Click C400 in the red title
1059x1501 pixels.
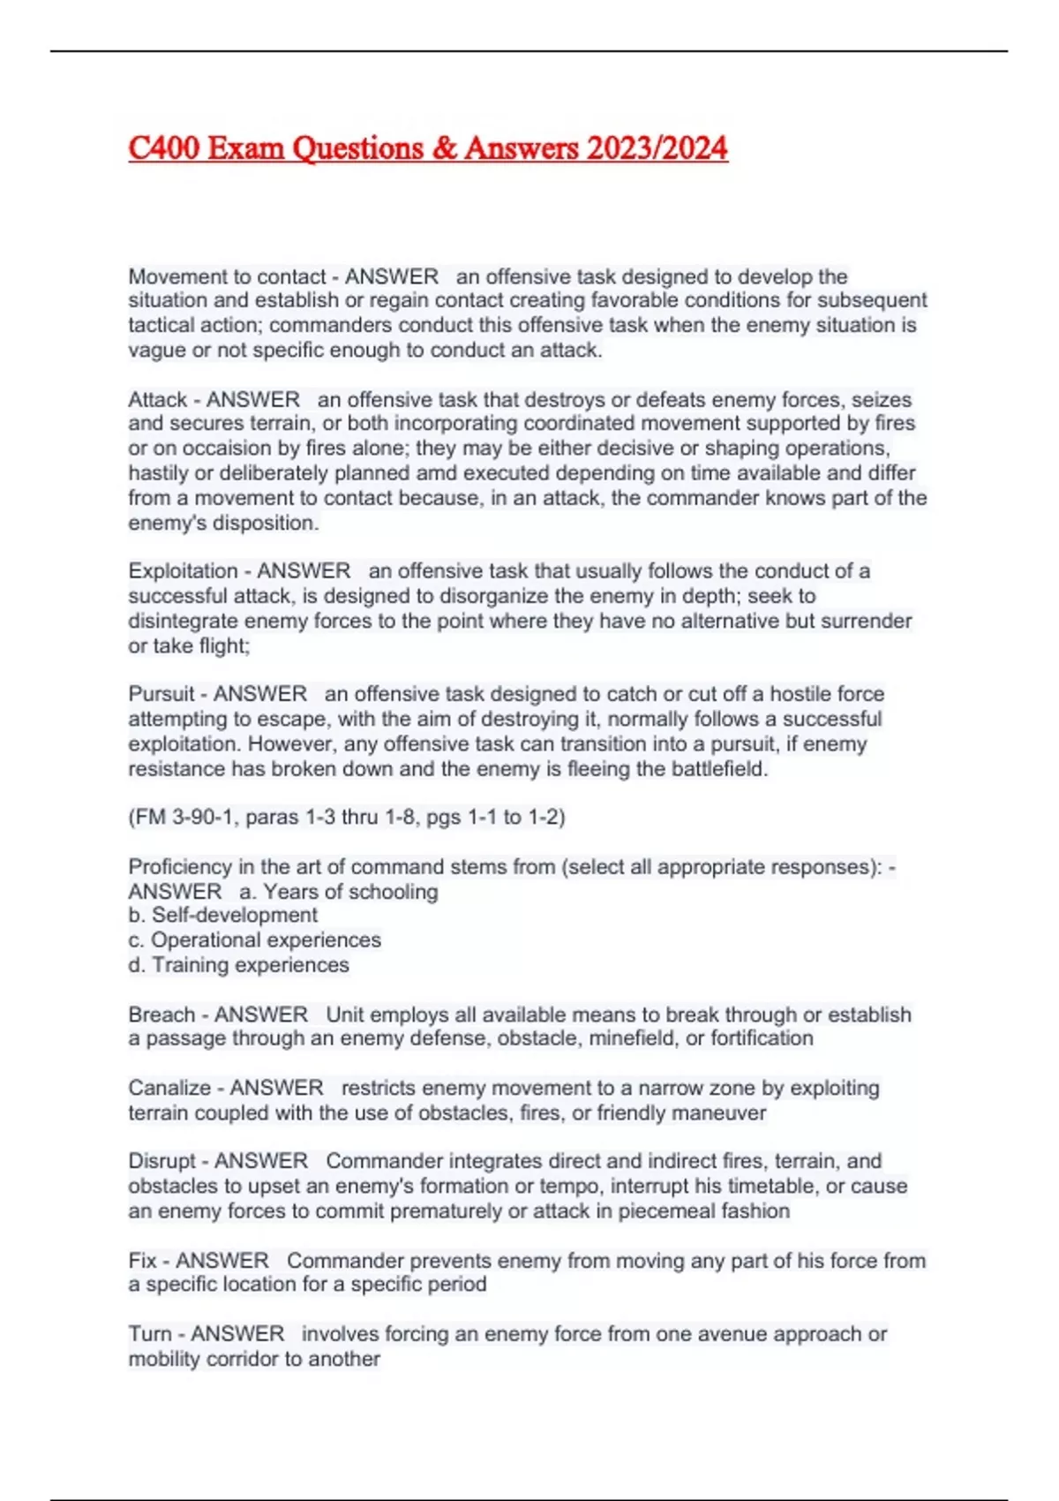(x=163, y=148)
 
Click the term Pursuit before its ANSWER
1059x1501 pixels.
(x=161, y=694)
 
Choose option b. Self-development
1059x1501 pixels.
(x=222, y=916)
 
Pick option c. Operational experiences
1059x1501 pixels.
(x=254, y=940)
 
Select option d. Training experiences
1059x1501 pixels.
(x=238, y=965)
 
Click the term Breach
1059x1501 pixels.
(x=161, y=1014)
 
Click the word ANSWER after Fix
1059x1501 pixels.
(x=222, y=1261)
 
